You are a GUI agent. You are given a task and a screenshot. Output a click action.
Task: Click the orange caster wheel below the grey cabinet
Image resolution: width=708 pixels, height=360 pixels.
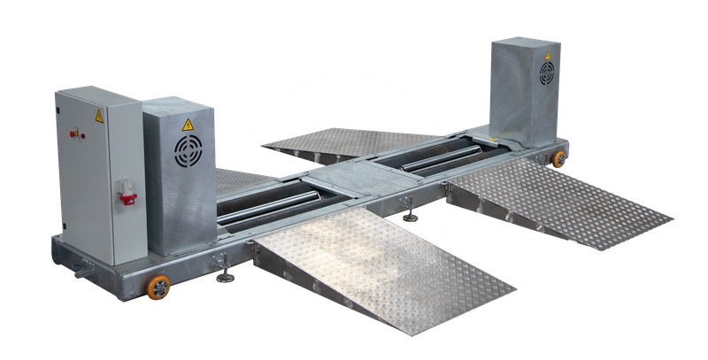pos(158,287)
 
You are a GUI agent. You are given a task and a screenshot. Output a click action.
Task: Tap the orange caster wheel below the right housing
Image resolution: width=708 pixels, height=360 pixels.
pos(559,159)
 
